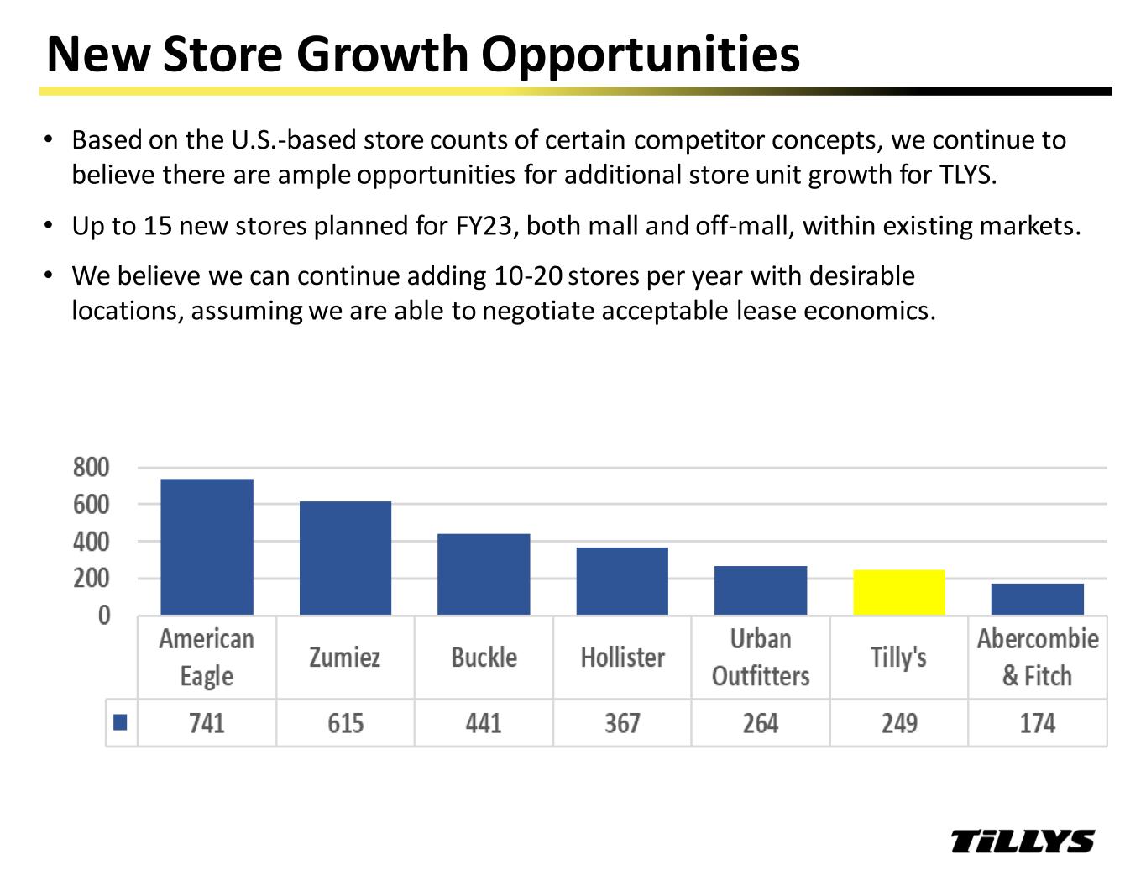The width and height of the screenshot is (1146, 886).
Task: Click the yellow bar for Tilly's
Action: tap(898, 592)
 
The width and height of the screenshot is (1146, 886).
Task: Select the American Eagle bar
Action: tap(207, 547)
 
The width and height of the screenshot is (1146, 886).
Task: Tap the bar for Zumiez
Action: tap(345, 558)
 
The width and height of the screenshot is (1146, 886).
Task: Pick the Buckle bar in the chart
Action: tap(484, 574)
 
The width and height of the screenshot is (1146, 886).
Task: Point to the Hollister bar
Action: tap(622, 581)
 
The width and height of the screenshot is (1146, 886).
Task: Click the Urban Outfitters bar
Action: tap(761, 590)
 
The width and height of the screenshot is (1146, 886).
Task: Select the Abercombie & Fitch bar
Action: tap(1037, 599)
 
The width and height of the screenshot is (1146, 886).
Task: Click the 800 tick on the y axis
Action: tap(91, 468)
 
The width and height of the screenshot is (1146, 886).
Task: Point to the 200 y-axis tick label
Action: tap(91, 579)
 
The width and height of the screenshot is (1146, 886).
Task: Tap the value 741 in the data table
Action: tap(207, 723)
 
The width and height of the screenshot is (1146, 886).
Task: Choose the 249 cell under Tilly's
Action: tap(898, 723)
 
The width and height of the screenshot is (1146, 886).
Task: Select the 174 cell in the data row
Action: tap(1037, 723)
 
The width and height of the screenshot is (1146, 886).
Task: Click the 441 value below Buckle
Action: tap(484, 723)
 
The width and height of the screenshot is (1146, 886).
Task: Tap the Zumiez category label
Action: tap(345, 657)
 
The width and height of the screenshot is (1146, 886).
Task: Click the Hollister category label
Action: tap(622, 657)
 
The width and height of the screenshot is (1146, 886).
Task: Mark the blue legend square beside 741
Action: tap(120, 722)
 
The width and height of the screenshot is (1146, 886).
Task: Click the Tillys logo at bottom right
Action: tap(1023, 841)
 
